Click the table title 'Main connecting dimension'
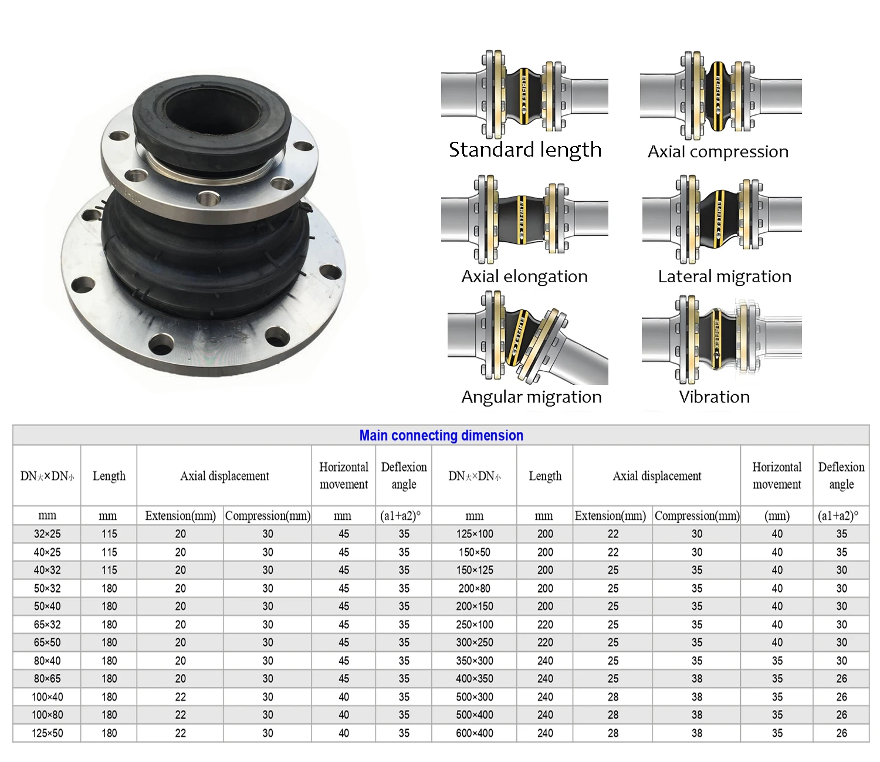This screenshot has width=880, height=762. [441, 435]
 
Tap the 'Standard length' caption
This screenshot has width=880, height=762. [525, 150]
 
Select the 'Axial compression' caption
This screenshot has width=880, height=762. [717, 152]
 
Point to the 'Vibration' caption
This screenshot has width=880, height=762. [714, 397]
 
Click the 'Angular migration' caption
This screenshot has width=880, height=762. [532, 397]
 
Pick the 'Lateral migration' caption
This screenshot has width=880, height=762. [725, 276]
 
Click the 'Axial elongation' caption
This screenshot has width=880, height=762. [524, 276]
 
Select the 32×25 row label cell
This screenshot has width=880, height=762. [47, 534]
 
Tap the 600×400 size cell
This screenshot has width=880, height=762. [475, 733]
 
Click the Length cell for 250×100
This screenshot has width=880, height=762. [545, 625]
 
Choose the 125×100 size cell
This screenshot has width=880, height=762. [475, 534]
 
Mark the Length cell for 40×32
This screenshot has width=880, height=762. [109, 570]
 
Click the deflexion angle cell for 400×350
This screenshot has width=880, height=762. [841, 679]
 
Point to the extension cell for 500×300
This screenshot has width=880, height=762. [613, 697]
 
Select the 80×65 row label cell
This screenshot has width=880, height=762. [47, 679]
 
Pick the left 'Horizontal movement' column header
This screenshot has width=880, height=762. [344, 476]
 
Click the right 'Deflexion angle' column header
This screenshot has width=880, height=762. [841, 476]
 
